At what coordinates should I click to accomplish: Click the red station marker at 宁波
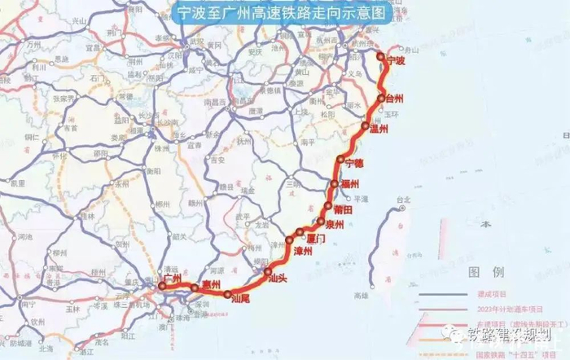[x=383, y=56]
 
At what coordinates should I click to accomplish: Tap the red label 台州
[x=394, y=99]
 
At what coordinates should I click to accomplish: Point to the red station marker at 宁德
[x=342, y=164]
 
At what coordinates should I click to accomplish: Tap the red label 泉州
[x=335, y=223]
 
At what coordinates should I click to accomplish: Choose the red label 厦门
[x=313, y=238]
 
